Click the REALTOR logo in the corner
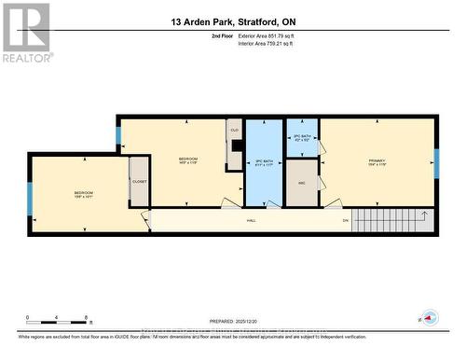25,32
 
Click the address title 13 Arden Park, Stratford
232,21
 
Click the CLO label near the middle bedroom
235,130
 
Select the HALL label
251,220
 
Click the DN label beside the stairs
344,220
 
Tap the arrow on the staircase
424,217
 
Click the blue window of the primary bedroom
435,162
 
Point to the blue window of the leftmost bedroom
30,198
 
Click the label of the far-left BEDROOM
84,195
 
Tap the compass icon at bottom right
430,317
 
